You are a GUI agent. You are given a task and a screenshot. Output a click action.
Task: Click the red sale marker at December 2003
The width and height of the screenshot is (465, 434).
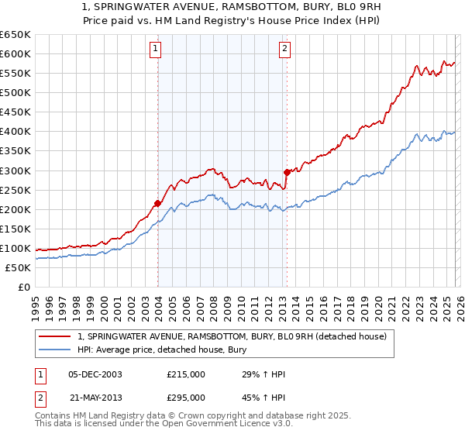pyautogui.click(x=157, y=203)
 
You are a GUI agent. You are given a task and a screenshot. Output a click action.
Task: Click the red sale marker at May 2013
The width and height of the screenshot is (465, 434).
pyautogui.click(x=287, y=172)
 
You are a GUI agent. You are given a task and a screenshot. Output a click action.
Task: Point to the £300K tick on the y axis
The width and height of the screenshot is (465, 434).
pyautogui.click(x=15, y=170)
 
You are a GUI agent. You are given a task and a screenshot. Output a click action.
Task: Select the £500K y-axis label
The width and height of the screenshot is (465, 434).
pyautogui.click(x=15, y=92)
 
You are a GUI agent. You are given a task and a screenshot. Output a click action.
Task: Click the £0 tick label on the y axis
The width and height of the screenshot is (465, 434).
pyautogui.click(x=23, y=287)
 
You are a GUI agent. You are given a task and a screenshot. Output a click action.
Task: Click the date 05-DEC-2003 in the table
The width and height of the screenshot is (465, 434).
pyautogui.click(x=95, y=374)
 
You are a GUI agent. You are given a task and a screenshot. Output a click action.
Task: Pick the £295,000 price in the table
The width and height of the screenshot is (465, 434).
pyautogui.click(x=186, y=398)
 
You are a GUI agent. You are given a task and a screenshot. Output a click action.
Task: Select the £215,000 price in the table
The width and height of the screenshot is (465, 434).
pyautogui.click(x=186, y=374)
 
